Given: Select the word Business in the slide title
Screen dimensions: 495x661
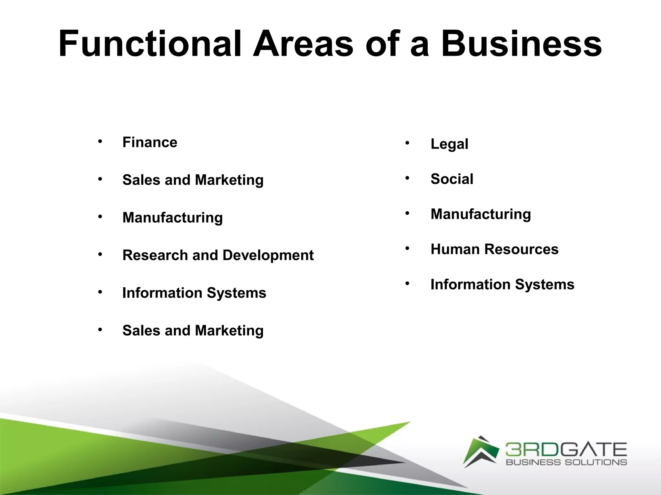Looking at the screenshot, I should pos(521,44).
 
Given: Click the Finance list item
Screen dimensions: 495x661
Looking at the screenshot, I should pos(150,142).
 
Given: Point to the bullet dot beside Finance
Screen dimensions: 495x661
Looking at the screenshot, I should pos(100,141).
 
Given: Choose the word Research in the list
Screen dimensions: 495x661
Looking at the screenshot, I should pos(155,255).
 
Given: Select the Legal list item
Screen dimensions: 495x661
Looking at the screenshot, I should pos(449,144).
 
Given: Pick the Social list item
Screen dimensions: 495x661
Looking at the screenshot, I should pos(452,179).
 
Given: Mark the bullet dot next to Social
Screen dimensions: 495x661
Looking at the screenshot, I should pos(407,178).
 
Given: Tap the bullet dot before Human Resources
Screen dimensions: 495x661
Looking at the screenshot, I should pos(407,248).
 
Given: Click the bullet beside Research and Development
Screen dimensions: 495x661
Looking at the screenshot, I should pos(100,254).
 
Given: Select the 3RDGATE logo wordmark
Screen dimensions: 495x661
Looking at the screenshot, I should pos(566,450).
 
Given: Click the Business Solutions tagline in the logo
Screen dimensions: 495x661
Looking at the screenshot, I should pos(566,462).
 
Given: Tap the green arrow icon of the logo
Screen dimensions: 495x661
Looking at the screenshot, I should pos(480,451).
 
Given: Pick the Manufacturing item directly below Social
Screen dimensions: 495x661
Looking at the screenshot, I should pos(481,214).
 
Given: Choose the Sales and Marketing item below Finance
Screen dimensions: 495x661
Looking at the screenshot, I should pos(193,180).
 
